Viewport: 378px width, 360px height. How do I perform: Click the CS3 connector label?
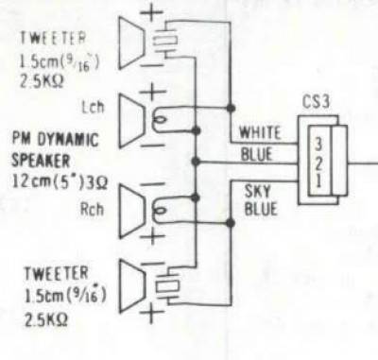pos(316,102)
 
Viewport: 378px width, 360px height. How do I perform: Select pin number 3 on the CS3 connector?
pos(318,145)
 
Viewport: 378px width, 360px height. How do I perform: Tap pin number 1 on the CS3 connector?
pos(318,180)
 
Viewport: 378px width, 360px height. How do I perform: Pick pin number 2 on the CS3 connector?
pos(318,163)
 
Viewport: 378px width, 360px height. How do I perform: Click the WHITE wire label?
pos(260,132)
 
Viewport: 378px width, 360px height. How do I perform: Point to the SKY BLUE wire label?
pos(261,200)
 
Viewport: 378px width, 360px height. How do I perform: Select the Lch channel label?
pos(93,108)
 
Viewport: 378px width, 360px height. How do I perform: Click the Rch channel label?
pos(92,210)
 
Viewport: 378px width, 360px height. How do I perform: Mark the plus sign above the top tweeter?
pos(152,13)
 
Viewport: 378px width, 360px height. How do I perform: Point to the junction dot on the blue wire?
pos(196,162)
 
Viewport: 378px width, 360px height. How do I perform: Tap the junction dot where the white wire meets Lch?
pos(231,108)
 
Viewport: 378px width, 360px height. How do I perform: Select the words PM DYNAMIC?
pos(56,140)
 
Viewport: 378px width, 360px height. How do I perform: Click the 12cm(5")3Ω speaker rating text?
pos(60,181)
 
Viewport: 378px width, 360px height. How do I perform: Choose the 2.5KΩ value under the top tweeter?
pos(42,82)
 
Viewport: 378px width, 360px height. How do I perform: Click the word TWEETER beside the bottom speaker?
pos(57,273)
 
